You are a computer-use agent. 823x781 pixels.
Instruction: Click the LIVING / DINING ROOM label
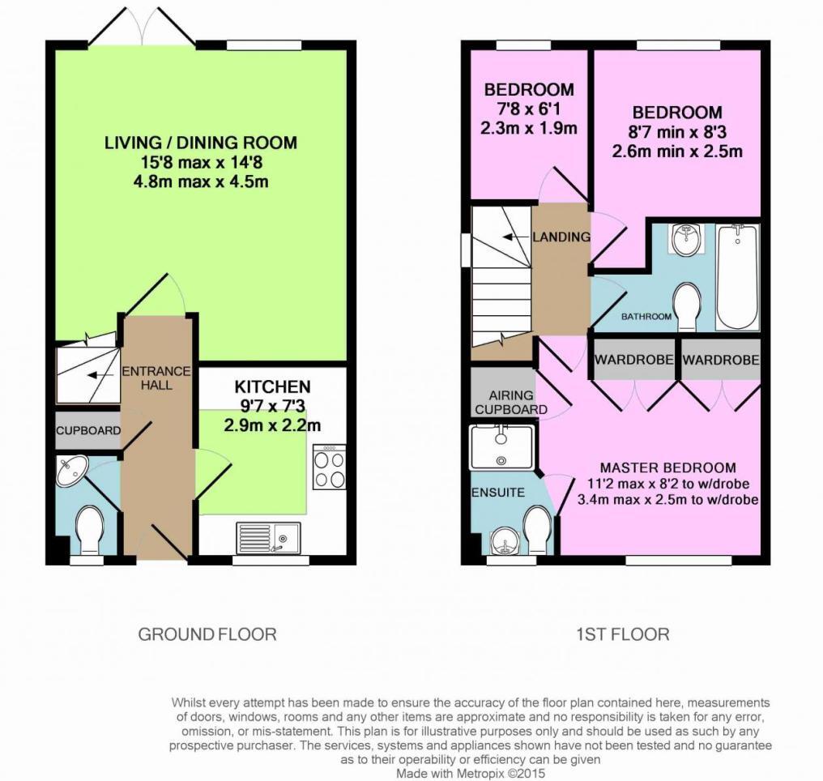(201, 143)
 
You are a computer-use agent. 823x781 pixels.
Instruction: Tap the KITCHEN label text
(272, 386)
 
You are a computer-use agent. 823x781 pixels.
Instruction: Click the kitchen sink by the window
(268, 536)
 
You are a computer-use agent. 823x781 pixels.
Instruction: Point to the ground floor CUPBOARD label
(87, 431)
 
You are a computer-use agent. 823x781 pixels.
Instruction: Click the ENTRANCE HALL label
(156, 378)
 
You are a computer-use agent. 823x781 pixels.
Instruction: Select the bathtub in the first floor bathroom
(736, 276)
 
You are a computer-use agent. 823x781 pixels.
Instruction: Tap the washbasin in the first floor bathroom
(686, 240)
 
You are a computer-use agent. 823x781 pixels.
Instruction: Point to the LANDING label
(561, 237)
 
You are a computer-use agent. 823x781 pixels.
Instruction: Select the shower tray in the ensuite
(501, 447)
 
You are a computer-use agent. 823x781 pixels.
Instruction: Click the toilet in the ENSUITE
(538, 528)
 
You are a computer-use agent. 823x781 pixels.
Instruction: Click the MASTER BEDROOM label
(667, 467)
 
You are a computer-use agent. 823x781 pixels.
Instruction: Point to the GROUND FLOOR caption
(207, 634)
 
